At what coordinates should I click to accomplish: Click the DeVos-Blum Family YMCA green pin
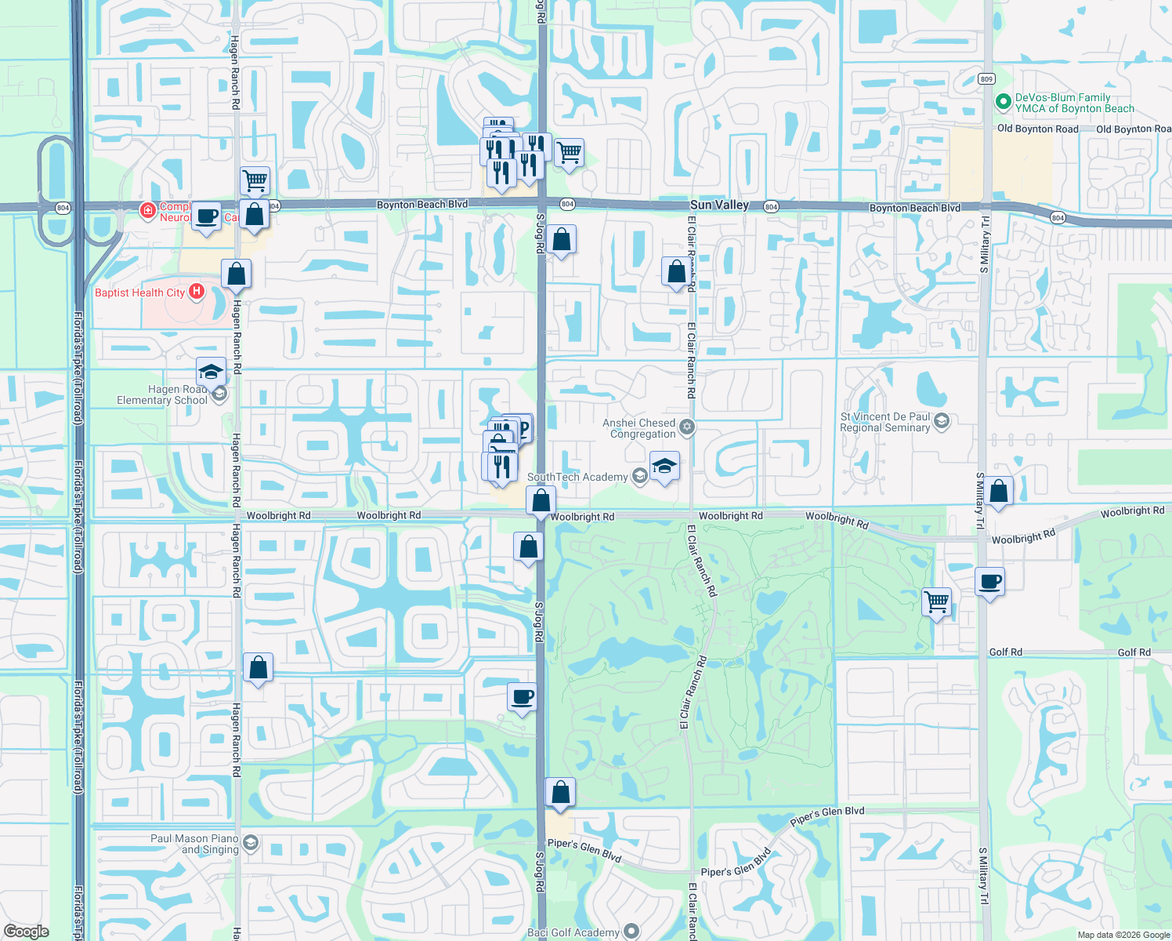[x=1003, y=103]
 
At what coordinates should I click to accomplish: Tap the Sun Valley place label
[x=719, y=205]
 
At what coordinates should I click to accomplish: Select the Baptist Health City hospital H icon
[x=196, y=292]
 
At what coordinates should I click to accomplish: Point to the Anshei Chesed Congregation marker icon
[x=687, y=427]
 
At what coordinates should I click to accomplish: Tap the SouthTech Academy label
[x=577, y=477]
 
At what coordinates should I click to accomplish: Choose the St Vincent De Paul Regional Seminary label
[x=885, y=423]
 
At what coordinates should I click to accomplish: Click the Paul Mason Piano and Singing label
[x=194, y=844]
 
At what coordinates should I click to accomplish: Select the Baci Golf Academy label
[x=573, y=932]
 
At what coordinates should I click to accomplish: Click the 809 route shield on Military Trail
[x=986, y=79]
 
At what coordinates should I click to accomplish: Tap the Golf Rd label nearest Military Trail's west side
[x=1005, y=652]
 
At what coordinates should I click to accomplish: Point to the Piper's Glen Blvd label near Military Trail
[x=827, y=816]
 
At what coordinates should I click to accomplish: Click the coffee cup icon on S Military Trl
[x=990, y=582]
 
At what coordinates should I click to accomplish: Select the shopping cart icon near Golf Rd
[x=937, y=602]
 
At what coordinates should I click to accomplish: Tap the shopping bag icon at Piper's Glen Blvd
[x=560, y=792]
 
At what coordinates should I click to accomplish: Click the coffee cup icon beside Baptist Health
[x=206, y=216]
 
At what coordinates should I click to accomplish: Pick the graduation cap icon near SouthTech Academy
[x=664, y=466]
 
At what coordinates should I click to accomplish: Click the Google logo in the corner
[x=26, y=932]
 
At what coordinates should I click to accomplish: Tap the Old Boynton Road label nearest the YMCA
[x=1037, y=129]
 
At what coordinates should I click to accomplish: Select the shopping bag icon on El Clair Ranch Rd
[x=676, y=271]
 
